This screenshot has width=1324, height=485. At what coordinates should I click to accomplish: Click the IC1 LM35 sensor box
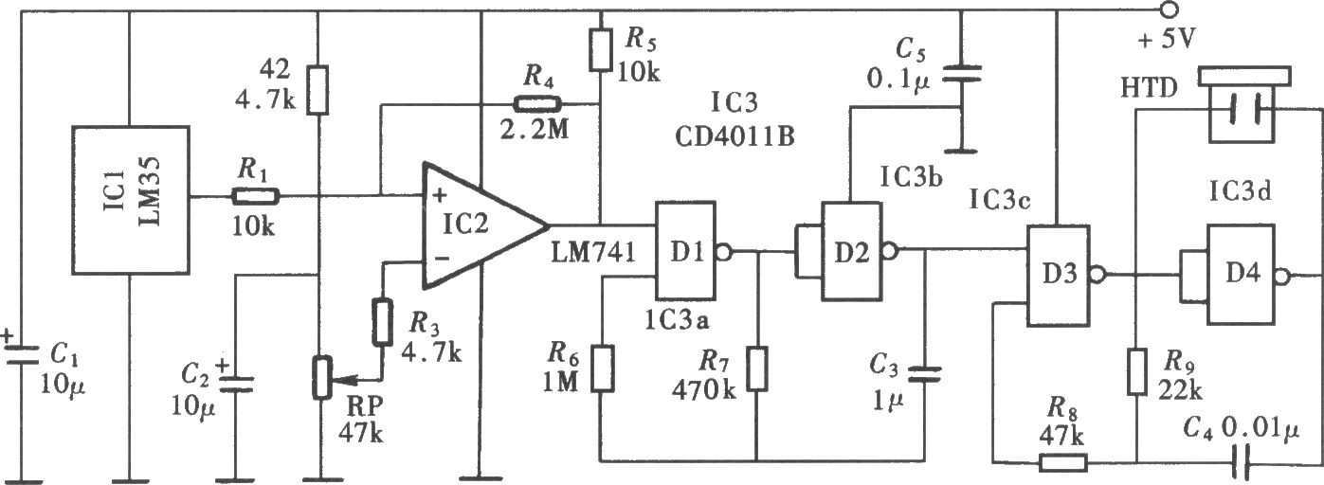coord(131,200)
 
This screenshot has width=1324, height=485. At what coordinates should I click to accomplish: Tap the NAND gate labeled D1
coord(685,251)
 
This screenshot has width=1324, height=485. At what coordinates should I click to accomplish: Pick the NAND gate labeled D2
coord(851,252)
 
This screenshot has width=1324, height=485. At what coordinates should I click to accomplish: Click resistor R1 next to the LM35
coord(255,196)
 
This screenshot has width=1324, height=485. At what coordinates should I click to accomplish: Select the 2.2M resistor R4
coord(536,104)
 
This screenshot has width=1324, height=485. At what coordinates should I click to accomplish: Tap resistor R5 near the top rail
coord(601,49)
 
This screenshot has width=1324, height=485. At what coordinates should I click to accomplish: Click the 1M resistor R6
coord(602,368)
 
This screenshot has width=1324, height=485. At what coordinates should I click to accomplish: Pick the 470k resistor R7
coord(757,368)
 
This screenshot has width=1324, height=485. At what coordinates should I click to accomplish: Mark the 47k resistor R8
coord(1062,462)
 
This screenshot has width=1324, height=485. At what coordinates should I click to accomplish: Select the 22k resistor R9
coord(1136,371)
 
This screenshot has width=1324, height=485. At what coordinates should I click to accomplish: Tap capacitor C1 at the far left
coord(22,357)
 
